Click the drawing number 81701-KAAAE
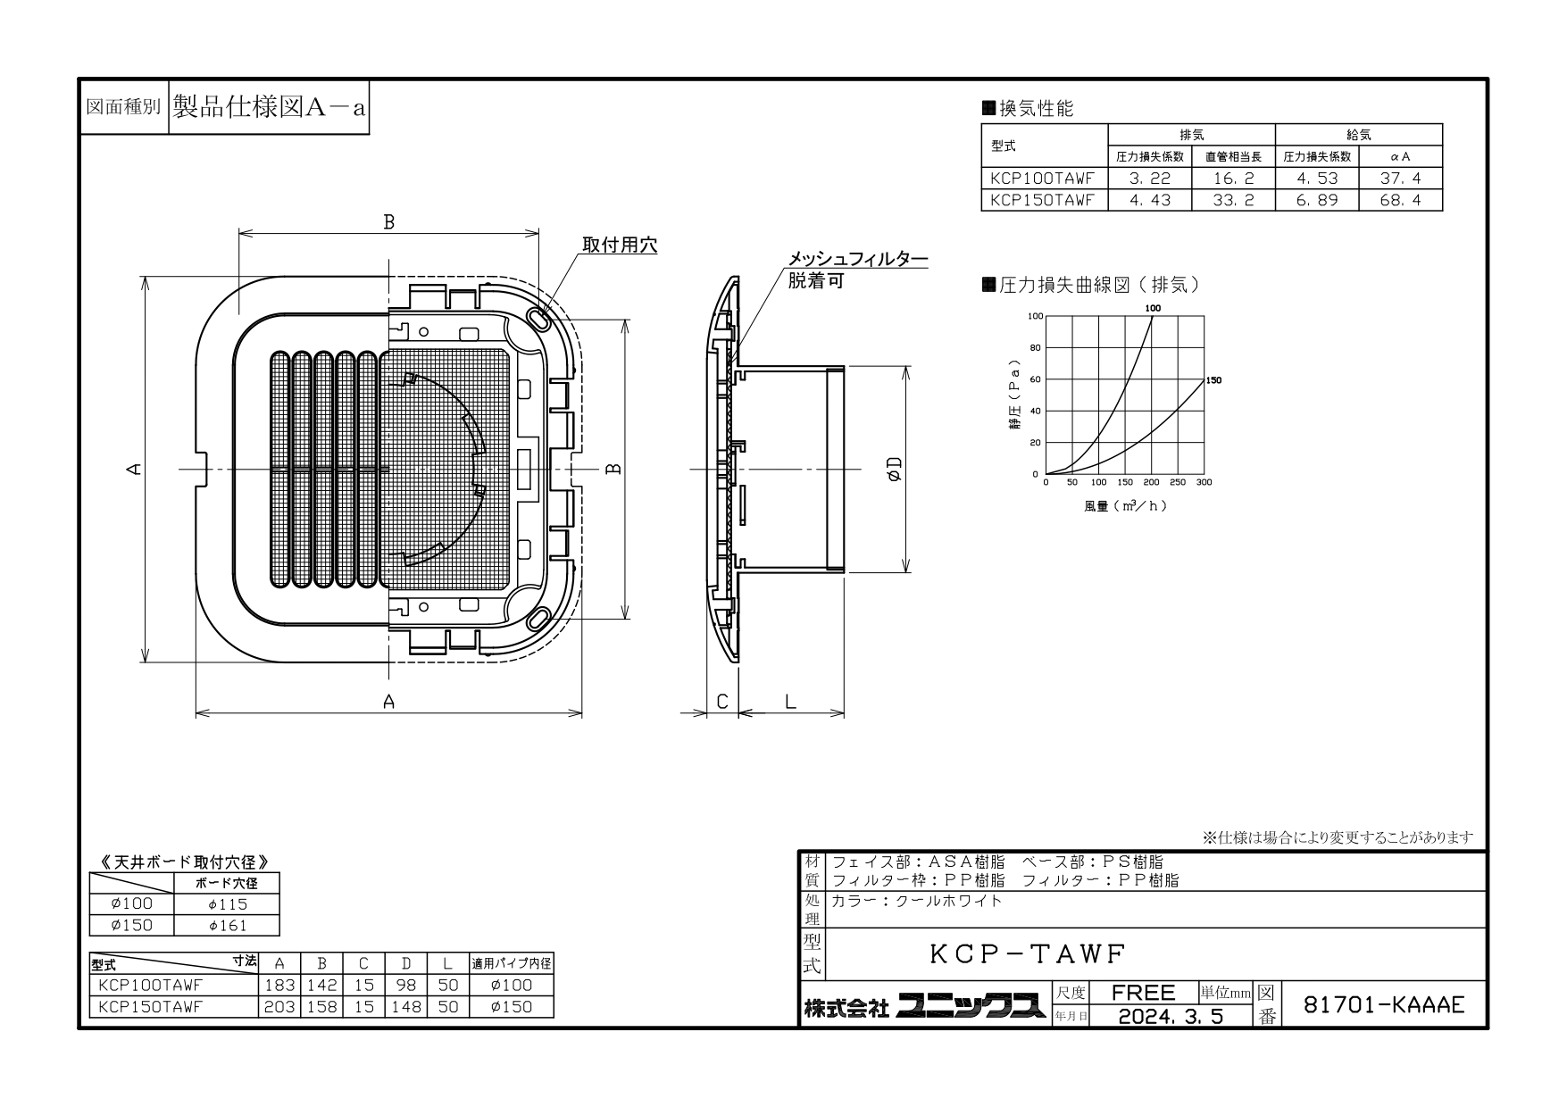coord(1384,1005)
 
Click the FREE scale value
coord(1144,992)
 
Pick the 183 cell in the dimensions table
coord(279,986)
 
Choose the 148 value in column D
coord(406,1007)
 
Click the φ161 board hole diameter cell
coord(228,926)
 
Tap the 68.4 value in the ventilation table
coord(1400,200)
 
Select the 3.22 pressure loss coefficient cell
coord(1149,179)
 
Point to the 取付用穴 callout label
coord(620,245)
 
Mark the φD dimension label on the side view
coord(894,470)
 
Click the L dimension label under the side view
coord(790,703)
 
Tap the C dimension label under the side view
coord(722,703)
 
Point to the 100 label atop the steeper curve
coord(1153,308)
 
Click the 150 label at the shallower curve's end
coord(1213,380)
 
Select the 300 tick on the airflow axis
coord(1204,482)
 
